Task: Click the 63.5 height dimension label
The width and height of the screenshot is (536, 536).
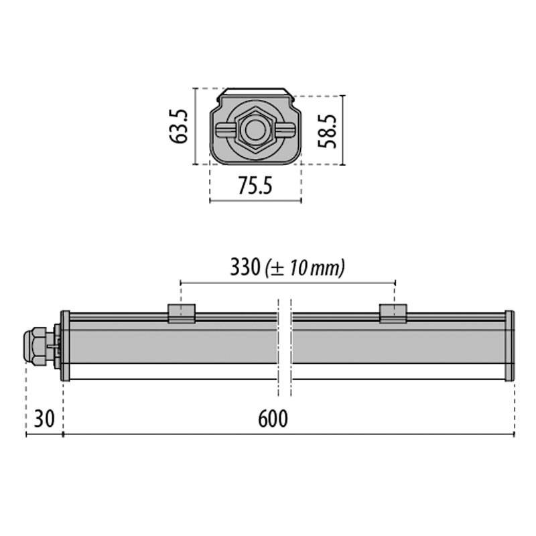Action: tap(178, 127)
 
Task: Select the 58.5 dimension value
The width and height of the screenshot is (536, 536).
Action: tap(327, 131)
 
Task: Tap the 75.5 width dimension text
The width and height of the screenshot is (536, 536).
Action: tap(255, 186)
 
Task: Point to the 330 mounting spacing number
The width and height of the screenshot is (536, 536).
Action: tap(245, 267)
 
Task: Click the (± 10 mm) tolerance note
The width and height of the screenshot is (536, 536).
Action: tap(306, 268)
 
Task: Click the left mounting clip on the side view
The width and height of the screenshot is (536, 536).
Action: tap(182, 314)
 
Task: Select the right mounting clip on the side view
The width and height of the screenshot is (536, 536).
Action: tap(393, 314)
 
